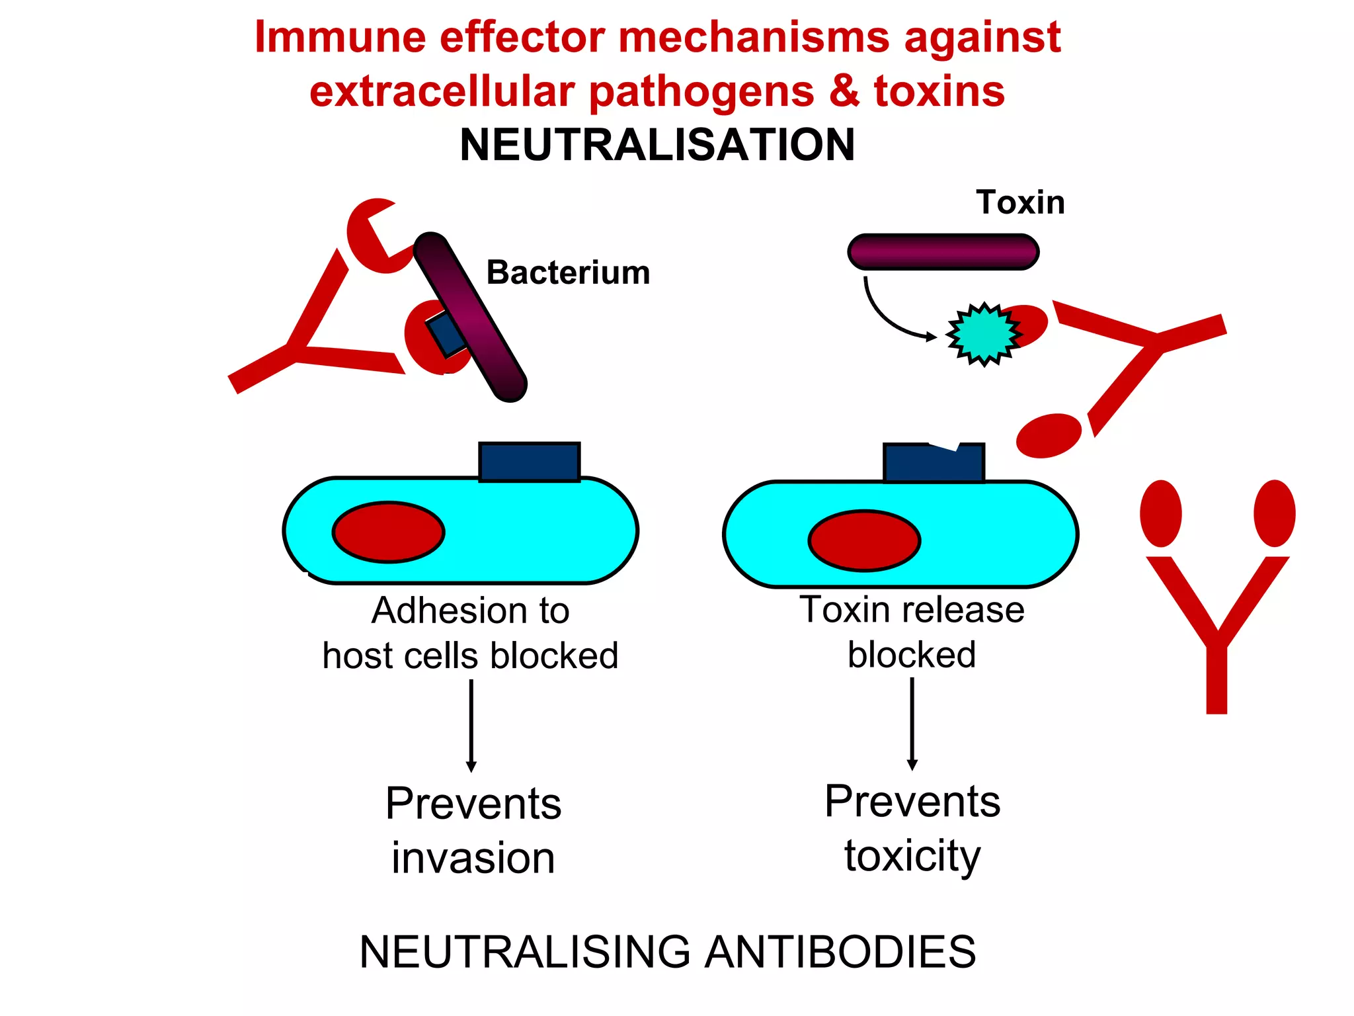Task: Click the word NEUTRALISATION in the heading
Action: pos(657,145)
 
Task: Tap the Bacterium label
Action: pos(568,273)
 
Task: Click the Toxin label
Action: pos(1020,202)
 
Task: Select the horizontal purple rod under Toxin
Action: pos(943,252)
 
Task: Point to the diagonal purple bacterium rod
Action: pos(471,317)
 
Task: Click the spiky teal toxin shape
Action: pos(983,334)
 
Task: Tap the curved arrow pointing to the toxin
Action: pos(886,317)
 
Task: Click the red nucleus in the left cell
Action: pos(388,532)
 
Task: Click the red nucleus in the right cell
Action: pos(864,540)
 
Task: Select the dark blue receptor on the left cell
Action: pos(529,462)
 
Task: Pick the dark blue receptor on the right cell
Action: pos(934,463)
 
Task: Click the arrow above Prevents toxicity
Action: pos(912,724)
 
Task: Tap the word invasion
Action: pos(473,858)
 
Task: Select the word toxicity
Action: pos(912,856)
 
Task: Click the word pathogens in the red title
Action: pos(701,91)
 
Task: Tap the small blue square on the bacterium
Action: pos(446,334)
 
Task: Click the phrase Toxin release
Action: pos(912,610)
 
